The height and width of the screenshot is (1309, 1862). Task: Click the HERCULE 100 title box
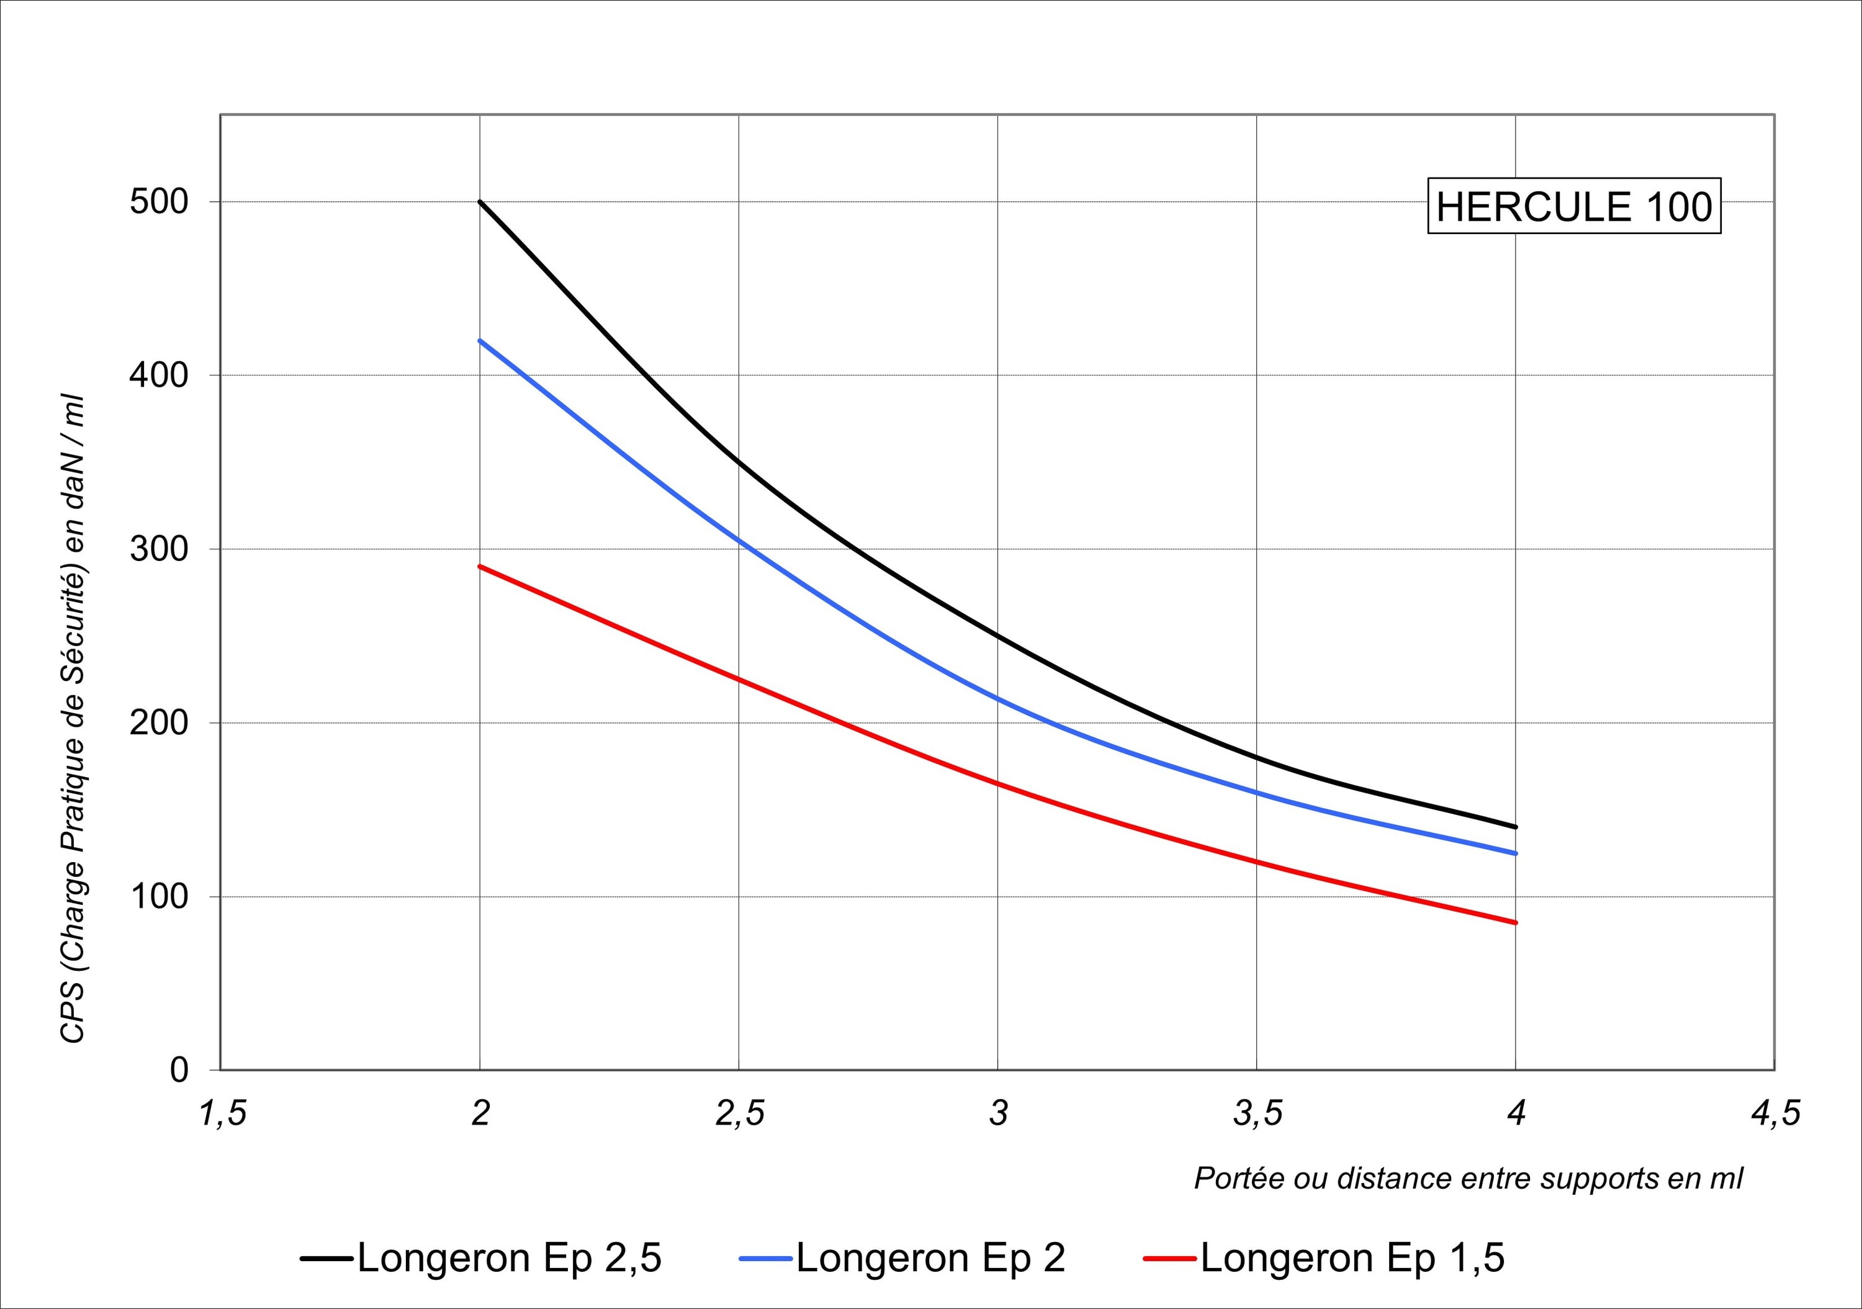pos(1573,207)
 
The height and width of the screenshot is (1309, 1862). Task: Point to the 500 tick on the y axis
pos(159,202)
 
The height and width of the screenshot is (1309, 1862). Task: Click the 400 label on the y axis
pos(159,376)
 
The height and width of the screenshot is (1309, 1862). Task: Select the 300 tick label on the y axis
pos(159,549)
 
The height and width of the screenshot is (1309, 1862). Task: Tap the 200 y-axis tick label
pos(159,722)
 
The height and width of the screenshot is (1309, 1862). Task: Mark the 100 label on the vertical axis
pos(159,896)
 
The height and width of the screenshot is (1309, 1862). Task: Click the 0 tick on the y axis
pos(179,1071)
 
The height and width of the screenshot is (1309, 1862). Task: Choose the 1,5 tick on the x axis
pos(222,1113)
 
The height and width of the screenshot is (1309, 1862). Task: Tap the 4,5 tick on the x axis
pos(1775,1113)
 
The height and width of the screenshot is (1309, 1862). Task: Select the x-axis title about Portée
pos(1468,1177)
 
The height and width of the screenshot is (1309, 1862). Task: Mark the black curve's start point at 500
pos(480,202)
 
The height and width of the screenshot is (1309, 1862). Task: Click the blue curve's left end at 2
pos(480,341)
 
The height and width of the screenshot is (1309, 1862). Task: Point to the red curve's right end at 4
pos(1515,922)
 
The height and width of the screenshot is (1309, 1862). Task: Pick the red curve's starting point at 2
pos(480,566)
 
